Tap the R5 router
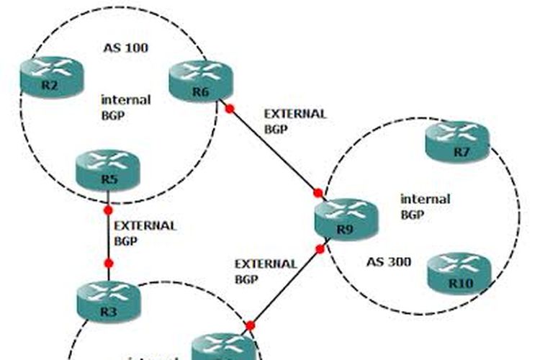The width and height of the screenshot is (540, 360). tap(107, 169)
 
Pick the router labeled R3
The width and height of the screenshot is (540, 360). tap(108, 300)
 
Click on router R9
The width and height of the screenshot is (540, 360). tap(346, 220)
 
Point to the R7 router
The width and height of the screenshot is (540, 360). tap(456, 142)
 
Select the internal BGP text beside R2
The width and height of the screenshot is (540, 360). tap(126, 107)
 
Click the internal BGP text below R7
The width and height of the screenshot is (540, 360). tap(425, 206)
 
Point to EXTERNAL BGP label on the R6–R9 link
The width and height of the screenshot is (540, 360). tap(295, 121)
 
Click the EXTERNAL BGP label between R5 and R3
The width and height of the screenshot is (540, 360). tap(145, 232)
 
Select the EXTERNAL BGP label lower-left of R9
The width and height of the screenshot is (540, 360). tap(266, 270)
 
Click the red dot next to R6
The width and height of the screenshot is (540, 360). tap(230, 109)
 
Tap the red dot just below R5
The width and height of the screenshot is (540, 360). tap(108, 210)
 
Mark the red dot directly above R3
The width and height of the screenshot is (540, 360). tap(108, 264)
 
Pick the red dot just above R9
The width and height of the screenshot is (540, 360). tap(318, 192)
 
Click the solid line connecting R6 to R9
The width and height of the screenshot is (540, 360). tap(274, 150)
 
